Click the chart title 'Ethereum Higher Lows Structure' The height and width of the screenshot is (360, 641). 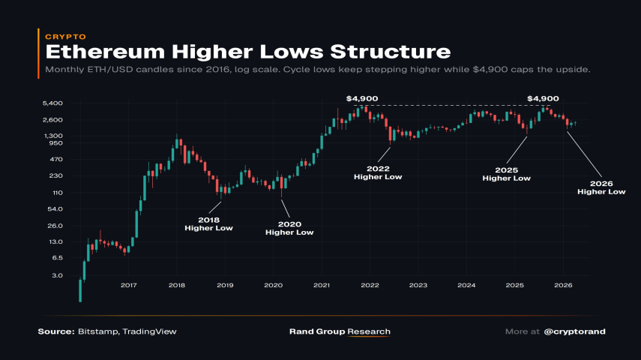[x=247, y=52]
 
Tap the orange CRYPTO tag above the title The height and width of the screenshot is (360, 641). [x=66, y=36]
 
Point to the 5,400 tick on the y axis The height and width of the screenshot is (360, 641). [x=53, y=103]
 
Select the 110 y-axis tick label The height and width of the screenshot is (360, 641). [x=57, y=193]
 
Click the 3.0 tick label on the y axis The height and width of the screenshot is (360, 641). [x=57, y=275]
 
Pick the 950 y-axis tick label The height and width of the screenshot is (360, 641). [x=56, y=142]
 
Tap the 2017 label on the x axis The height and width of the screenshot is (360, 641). [x=128, y=286]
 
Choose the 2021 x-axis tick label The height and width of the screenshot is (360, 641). [x=322, y=286]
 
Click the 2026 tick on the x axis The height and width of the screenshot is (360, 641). [x=563, y=286]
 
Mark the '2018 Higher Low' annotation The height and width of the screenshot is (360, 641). [x=208, y=223]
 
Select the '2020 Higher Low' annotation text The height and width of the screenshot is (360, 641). [x=289, y=228]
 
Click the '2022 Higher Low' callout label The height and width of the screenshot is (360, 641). [x=378, y=172]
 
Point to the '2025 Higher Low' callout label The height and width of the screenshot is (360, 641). [x=506, y=174]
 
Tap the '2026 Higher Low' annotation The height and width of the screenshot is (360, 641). [x=601, y=187]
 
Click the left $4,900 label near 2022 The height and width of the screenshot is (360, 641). [x=362, y=98]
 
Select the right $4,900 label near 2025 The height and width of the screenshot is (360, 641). [x=544, y=98]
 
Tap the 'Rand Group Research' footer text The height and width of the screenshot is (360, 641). [x=340, y=331]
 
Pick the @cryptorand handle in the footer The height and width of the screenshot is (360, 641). [x=575, y=331]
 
